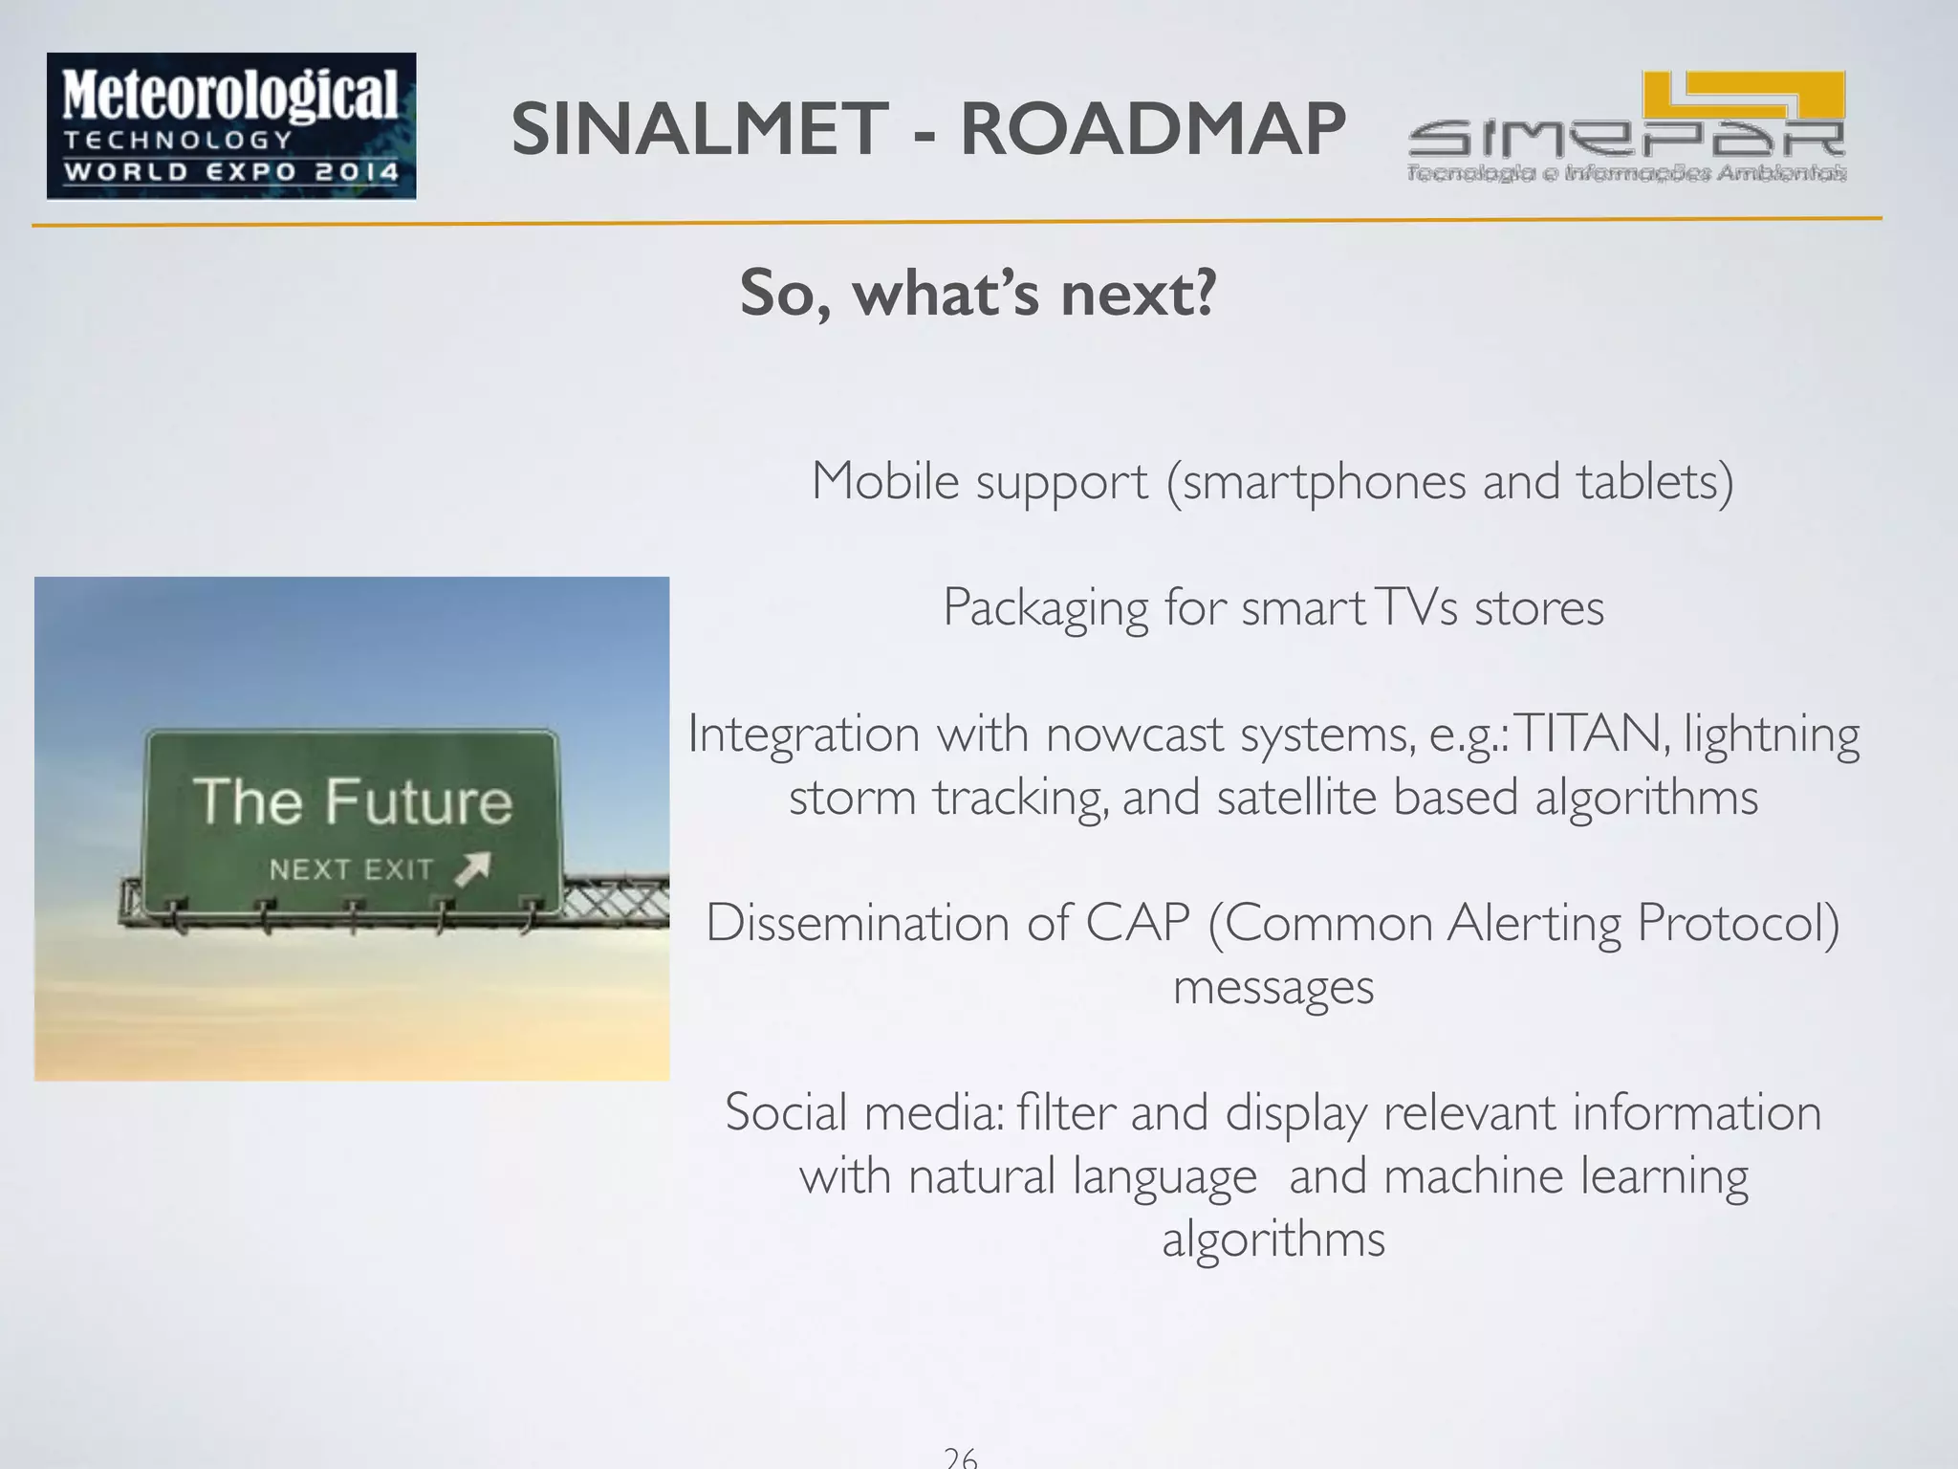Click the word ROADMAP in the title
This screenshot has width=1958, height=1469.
(1152, 129)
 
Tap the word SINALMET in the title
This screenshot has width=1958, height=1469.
(700, 129)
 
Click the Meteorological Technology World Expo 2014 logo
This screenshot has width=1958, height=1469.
(231, 126)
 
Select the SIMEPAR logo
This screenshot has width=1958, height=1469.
(1626, 127)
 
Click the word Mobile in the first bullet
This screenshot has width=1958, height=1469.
(884, 480)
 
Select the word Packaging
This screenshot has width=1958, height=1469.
(1045, 607)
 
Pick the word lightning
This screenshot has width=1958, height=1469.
(1772, 735)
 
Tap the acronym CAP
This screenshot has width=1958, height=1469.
(1138, 923)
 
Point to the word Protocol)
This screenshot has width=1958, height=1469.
(1737, 923)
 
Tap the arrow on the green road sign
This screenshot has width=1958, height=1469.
(473, 868)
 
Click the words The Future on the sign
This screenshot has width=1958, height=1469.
(352, 801)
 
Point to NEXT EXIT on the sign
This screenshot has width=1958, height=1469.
(351, 869)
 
